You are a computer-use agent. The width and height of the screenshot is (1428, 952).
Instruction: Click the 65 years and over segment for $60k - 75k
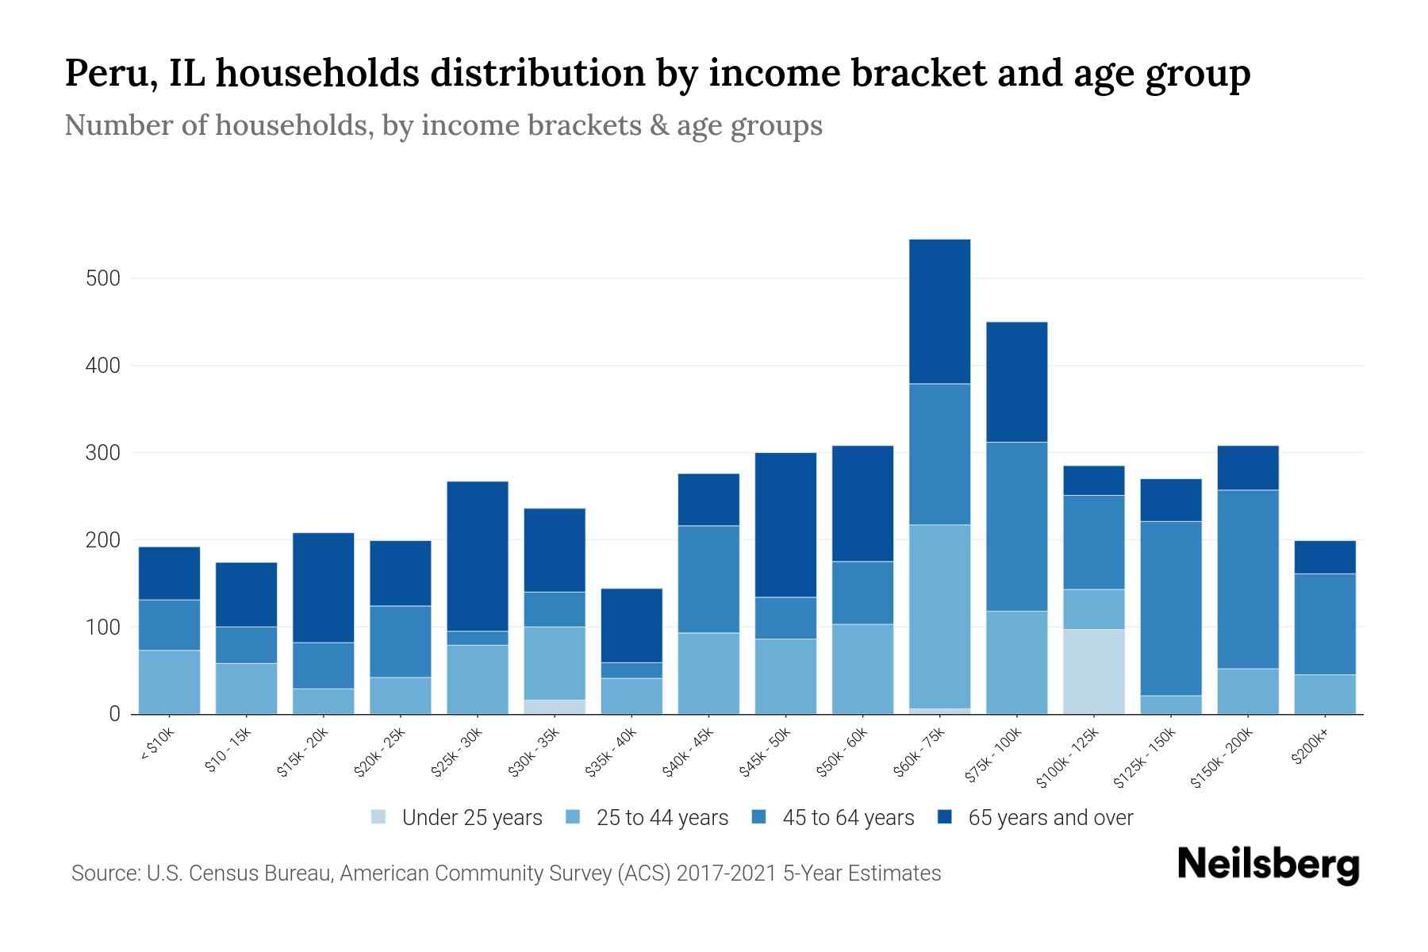point(939,311)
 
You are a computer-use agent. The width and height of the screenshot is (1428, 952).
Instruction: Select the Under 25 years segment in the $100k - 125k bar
point(1093,671)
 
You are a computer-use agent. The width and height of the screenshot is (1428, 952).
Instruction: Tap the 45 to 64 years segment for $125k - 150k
point(1170,608)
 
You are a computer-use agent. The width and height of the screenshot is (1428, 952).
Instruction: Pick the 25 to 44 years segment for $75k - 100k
point(1016,662)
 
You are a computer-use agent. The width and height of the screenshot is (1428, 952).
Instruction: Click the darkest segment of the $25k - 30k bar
point(477,555)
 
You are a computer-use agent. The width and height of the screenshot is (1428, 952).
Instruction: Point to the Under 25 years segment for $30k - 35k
point(555,706)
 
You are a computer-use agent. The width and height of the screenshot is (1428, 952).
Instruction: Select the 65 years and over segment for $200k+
point(1324,557)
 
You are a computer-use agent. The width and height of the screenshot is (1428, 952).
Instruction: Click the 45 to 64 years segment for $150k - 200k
point(1247,579)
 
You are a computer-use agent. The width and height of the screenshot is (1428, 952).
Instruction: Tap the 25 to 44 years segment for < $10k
point(169,681)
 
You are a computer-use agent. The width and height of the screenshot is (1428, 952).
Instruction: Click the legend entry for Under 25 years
point(471,818)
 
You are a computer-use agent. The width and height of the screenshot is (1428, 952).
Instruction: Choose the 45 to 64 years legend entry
point(847,818)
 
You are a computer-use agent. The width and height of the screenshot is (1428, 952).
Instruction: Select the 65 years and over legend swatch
point(945,817)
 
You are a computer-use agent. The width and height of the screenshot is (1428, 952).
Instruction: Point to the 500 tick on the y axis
point(104,278)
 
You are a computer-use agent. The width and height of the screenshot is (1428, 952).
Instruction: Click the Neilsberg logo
point(1268,865)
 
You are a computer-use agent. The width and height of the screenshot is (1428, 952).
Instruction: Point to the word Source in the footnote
point(103,873)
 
